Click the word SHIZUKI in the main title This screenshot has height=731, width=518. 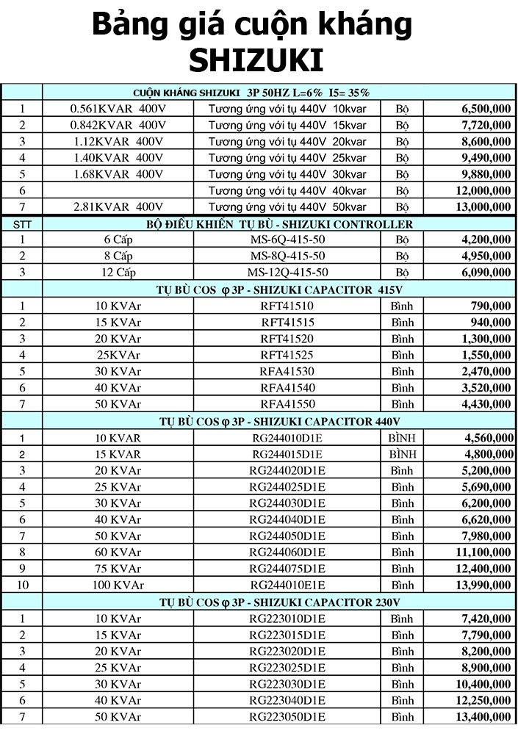[x=256, y=60]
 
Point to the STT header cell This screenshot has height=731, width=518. [x=22, y=224]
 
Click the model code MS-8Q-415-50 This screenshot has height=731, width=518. [x=287, y=256]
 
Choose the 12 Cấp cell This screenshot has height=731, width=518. [x=118, y=272]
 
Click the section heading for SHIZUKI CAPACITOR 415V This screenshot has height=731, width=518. [x=279, y=289]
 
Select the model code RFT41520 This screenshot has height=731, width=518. [x=287, y=339]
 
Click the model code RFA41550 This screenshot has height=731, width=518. [x=287, y=405]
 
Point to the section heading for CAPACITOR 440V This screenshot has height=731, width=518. [x=279, y=422]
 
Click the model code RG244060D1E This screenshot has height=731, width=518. [x=287, y=552]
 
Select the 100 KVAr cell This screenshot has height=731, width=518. [x=118, y=585]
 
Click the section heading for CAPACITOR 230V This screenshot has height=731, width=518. [x=279, y=602]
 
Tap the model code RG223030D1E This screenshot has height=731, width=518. [x=287, y=684]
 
